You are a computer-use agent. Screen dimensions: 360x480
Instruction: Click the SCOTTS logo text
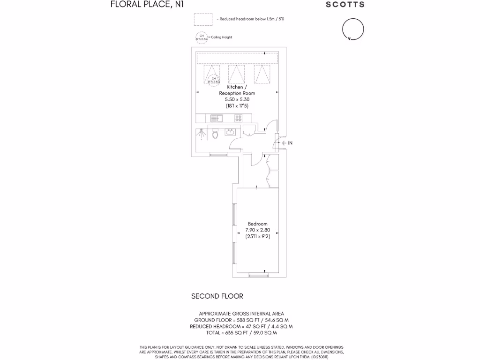345,5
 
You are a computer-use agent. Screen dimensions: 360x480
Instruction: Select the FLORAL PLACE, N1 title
141,5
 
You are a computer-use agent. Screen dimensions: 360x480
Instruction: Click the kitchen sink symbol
216,118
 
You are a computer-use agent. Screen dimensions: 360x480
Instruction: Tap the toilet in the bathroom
215,135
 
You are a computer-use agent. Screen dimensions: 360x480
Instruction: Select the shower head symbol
202,135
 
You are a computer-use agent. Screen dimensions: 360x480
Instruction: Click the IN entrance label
290,143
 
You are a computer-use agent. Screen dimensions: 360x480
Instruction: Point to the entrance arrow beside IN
283,143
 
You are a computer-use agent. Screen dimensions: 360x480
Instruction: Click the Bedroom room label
258,224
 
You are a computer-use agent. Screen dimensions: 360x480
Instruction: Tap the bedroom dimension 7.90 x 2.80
258,230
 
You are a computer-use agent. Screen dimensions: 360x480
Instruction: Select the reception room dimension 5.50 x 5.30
237,99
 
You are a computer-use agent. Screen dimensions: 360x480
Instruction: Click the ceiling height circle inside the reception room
213,81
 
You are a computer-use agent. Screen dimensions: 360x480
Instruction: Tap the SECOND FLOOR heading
217,296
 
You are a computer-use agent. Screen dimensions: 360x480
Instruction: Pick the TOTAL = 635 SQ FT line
241,333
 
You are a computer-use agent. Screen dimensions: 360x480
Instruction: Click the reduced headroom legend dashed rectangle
204,19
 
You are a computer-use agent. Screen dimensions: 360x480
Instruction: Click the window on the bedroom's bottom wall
258,276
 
